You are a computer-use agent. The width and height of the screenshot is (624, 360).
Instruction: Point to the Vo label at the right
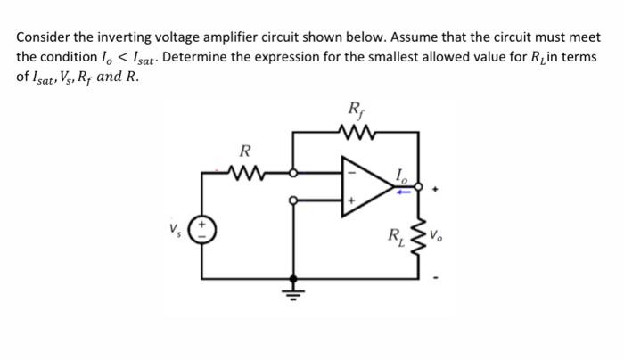[436, 237]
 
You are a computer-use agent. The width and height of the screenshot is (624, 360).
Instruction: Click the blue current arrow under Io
[402, 189]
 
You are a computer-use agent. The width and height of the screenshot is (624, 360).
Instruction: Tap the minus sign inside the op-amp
[349, 171]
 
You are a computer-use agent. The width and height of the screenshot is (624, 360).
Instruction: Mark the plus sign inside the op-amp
[349, 202]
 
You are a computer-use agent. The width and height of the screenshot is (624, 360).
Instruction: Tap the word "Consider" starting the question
[44, 38]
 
